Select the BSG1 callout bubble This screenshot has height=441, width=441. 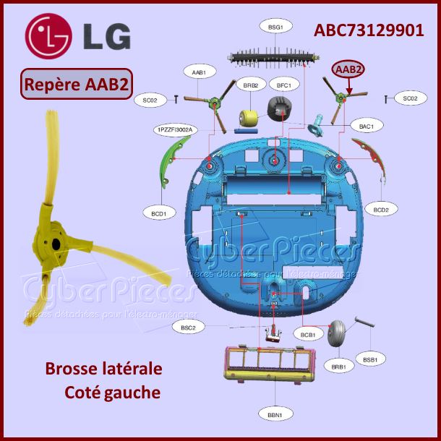[x=275, y=27]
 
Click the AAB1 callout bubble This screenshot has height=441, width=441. [x=200, y=72]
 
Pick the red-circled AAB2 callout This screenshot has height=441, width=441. [x=348, y=69]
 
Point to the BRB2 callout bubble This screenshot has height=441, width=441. [x=251, y=85]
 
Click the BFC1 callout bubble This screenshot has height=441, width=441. [x=283, y=85]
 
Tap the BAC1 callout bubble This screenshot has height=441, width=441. [x=366, y=127]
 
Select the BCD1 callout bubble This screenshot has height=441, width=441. [x=159, y=213]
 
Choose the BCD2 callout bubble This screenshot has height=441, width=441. [x=381, y=210]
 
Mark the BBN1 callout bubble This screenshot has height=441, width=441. [x=275, y=414]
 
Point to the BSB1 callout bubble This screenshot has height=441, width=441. [x=370, y=359]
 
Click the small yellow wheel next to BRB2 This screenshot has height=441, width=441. [x=250, y=118]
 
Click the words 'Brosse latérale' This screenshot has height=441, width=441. [x=103, y=369]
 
